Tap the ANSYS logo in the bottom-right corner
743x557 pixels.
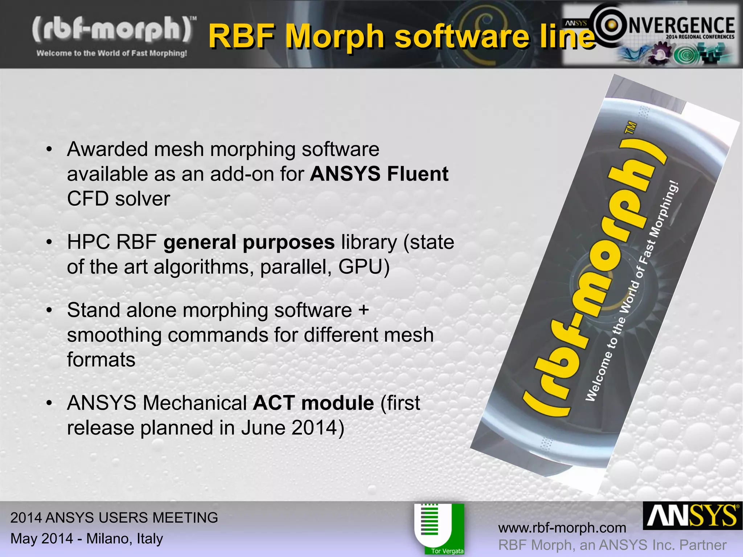(692, 516)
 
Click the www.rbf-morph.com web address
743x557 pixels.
(562, 528)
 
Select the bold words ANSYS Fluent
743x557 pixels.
(379, 174)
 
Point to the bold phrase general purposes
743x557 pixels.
(249, 242)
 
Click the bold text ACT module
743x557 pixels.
(313, 403)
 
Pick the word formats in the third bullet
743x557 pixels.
(101, 360)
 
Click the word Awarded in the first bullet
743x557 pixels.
(107, 149)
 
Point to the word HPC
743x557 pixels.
(88, 242)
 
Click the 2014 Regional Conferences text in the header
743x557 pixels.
(700, 37)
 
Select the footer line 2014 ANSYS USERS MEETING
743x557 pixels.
(114, 517)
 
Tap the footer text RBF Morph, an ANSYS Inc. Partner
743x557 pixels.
(612, 545)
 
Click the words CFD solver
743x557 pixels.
(119, 199)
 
